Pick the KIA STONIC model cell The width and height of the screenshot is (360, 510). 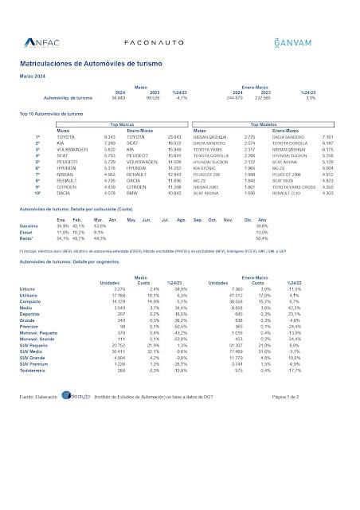click(203, 168)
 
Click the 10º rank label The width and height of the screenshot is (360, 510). click(37, 194)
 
